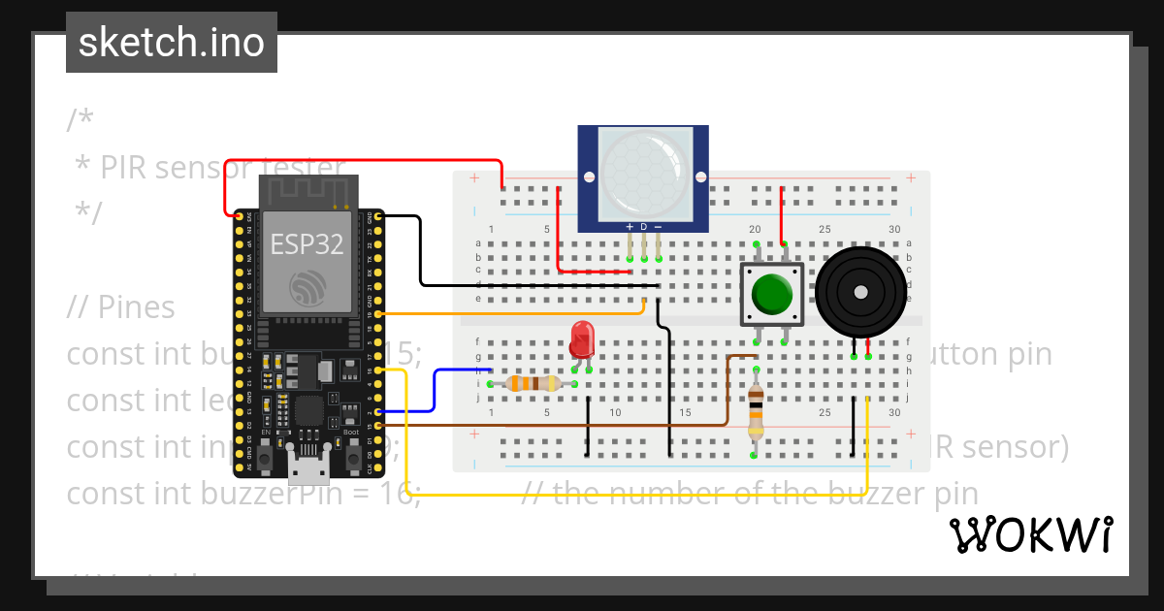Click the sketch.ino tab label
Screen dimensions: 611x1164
pyautogui.click(x=171, y=43)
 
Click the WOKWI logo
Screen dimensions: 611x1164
pyautogui.click(x=1030, y=534)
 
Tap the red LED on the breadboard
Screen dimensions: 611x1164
pyautogui.click(x=582, y=339)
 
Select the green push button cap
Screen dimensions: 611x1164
pyautogui.click(x=772, y=293)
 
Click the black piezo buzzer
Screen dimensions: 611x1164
pyautogui.click(x=860, y=292)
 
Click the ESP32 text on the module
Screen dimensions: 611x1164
pyautogui.click(x=307, y=244)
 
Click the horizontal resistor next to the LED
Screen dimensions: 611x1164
pyautogui.click(x=524, y=383)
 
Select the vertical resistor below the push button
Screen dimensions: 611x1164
pyautogui.click(x=756, y=413)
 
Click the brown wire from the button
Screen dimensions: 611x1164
pyautogui.click(x=582, y=425)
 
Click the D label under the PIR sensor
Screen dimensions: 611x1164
pyautogui.click(x=643, y=227)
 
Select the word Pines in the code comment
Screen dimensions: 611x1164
pyautogui.click(x=136, y=307)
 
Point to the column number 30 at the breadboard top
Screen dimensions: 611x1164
pyautogui.click(x=893, y=230)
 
